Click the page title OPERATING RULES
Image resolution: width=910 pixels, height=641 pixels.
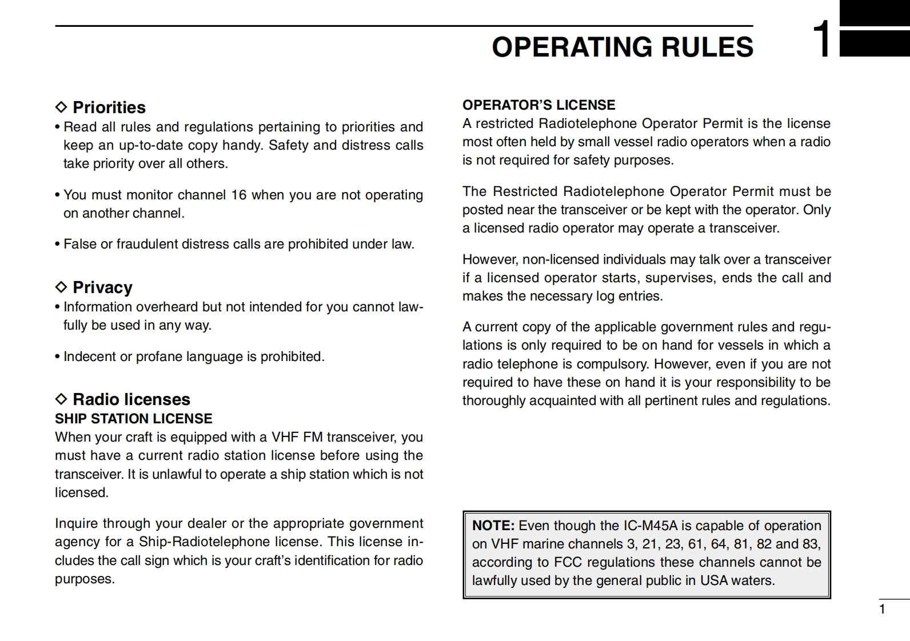[622, 47]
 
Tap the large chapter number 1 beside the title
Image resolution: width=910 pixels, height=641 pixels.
[823, 40]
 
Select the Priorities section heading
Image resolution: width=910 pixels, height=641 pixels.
[109, 107]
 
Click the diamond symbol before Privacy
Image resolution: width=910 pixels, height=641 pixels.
[61, 287]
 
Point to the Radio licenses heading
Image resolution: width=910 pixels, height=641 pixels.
[131, 399]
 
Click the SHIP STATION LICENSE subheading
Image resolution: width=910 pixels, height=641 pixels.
[133, 419]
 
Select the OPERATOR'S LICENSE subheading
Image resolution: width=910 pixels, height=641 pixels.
[538, 105]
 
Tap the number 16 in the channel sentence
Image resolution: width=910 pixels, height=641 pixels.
[238, 195]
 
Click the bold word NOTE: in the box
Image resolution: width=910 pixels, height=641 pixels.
[493, 526]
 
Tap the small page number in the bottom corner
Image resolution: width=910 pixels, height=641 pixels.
[882, 609]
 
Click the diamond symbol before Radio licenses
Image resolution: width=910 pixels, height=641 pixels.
[61, 399]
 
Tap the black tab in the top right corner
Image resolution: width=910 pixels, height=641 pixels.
[875, 43]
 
